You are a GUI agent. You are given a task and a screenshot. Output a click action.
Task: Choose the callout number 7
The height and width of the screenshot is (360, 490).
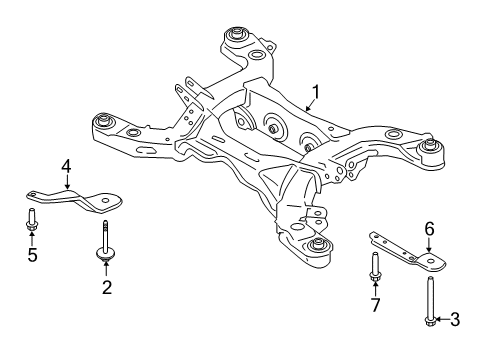click(x=376, y=303)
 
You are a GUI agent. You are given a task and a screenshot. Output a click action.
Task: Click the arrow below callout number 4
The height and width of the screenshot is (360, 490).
click(x=66, y=184)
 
